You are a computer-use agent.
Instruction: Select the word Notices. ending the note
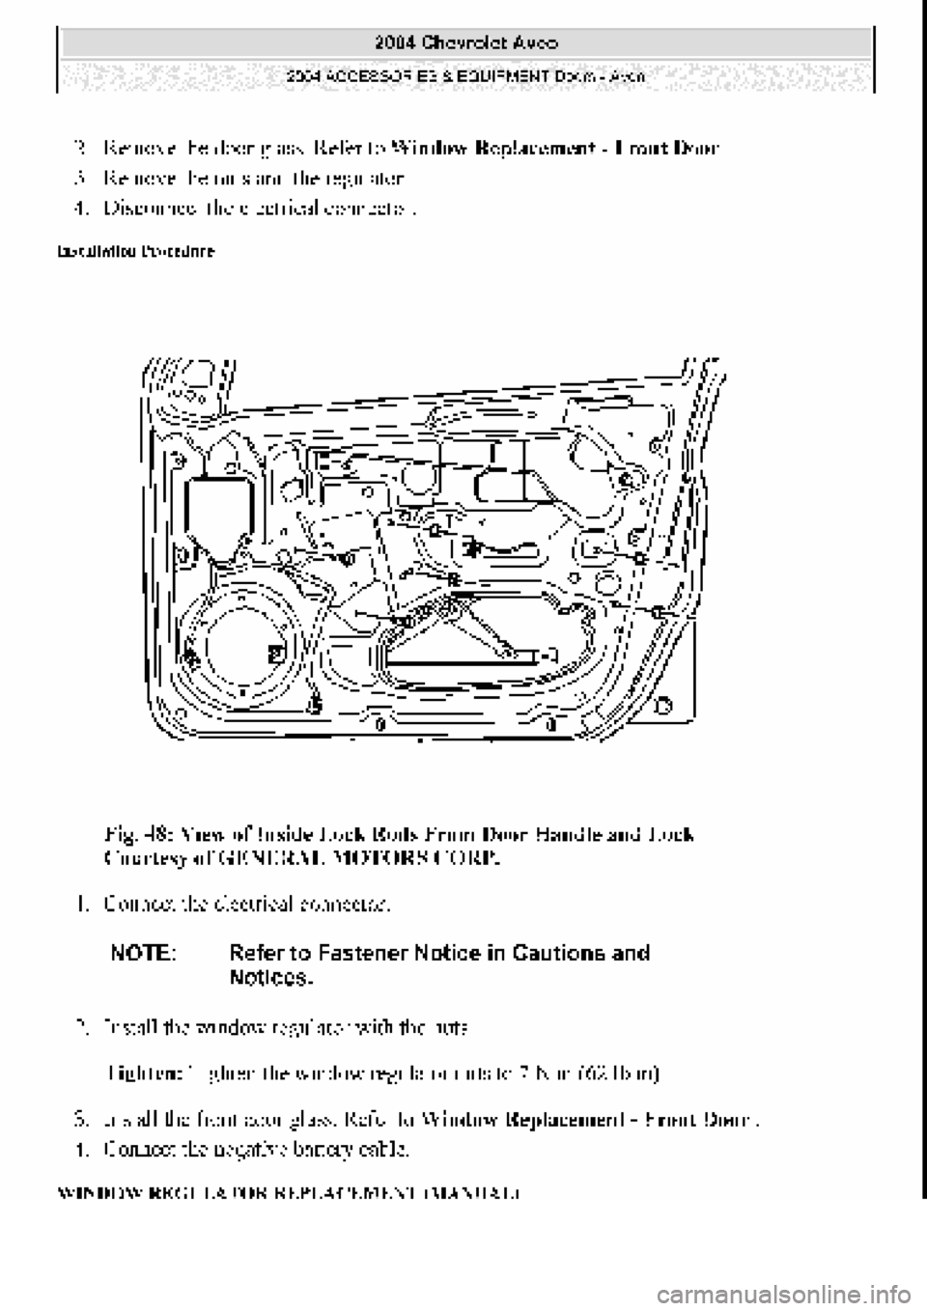pos(271,978)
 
